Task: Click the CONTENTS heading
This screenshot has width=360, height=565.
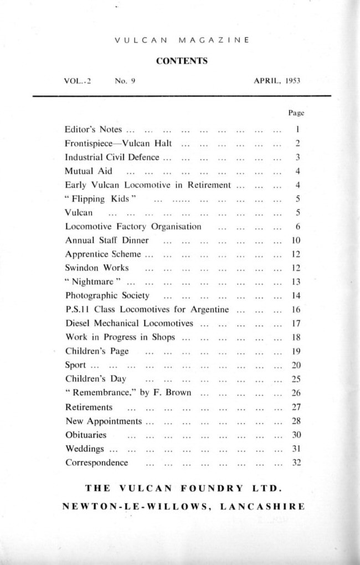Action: [x=182, y=61]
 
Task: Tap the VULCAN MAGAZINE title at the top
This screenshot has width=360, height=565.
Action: [x=182, y=40]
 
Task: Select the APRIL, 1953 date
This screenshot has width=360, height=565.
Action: [x=277, y=81]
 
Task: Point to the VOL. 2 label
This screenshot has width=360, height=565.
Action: [x=78, y=81]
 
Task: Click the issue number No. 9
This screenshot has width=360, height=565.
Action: [x=125, y=81]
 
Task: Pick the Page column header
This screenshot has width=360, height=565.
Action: [x=296, y=113]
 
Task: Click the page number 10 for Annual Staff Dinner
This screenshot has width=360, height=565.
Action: [x=296, y=240]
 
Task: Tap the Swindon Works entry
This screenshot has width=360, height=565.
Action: [x=97, y=268]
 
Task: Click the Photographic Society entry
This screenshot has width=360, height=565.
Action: [x=107, y=296]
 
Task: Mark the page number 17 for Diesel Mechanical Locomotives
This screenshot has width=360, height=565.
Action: [x=296, y=323]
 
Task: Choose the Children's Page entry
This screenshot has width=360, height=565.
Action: [x=97, y=351]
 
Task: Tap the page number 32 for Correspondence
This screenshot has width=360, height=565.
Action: [x=296, y=463]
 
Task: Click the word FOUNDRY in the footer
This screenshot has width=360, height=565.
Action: [x=212, y=489]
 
